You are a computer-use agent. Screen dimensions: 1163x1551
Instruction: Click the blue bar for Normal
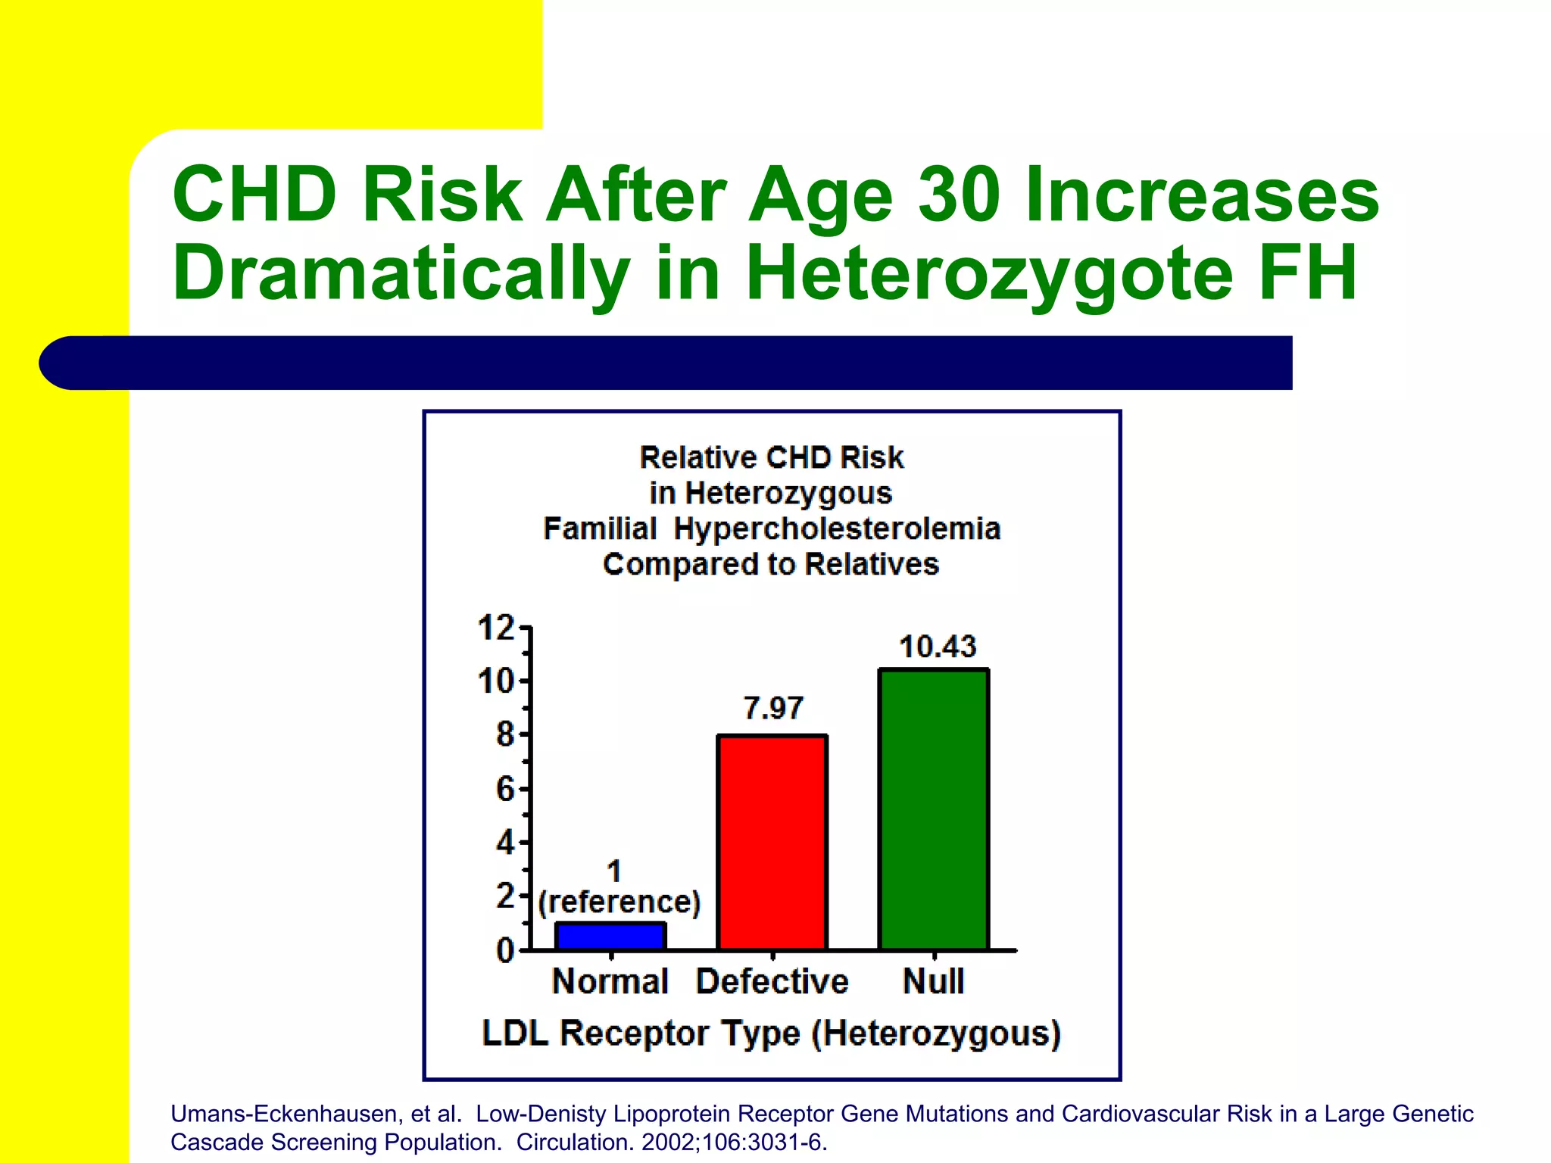610,936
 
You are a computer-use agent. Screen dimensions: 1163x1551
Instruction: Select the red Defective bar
772,842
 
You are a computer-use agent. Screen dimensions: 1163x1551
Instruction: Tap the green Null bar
934,809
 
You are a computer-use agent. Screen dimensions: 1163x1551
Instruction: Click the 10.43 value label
938,647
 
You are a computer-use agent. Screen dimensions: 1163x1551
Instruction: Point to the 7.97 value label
772,708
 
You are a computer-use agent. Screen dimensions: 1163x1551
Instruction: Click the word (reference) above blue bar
619,902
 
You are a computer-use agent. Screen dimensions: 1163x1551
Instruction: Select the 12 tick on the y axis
497,628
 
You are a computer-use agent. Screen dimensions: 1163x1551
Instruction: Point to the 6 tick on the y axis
505,789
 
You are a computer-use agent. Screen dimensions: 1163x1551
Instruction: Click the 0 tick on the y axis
505,949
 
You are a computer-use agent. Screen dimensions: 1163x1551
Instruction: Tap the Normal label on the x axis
610,981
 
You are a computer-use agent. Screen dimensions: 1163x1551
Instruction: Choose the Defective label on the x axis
772,981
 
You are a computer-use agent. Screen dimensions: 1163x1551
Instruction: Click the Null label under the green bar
934,981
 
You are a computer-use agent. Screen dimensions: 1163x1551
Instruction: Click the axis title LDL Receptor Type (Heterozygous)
772,1034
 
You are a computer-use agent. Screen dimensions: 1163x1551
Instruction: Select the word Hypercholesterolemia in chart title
837,528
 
